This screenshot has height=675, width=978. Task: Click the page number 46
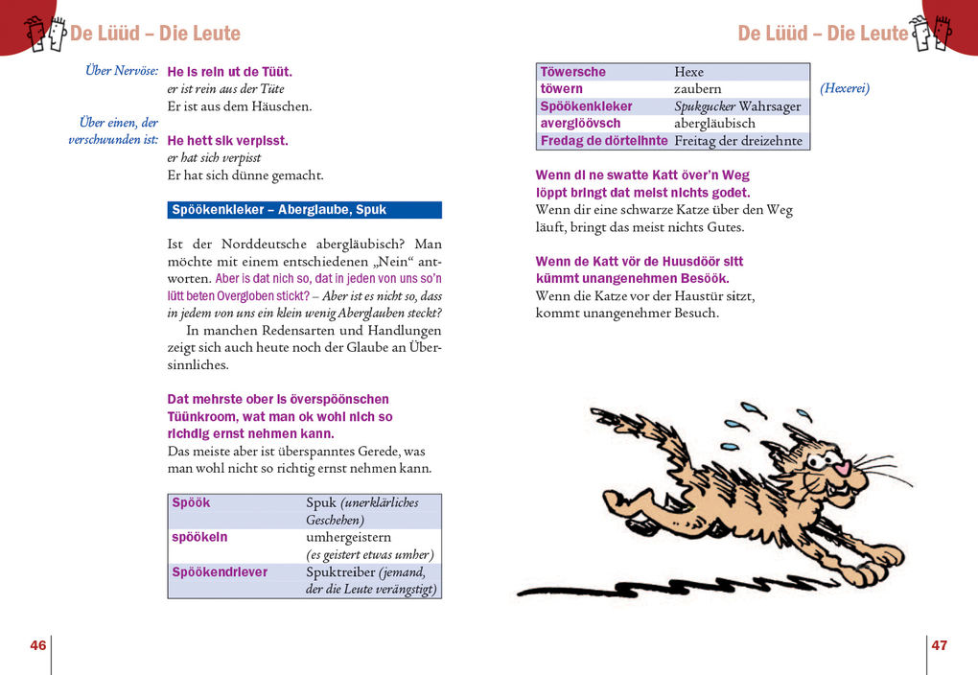click(x=38, y=645)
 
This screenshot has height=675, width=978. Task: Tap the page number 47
click(x=939, y=645)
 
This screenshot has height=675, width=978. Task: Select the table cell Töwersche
click(x=573, y=72)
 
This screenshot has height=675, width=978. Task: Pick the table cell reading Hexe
click(x=688, y=72)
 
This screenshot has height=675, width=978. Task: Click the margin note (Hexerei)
click(x=845, y=88)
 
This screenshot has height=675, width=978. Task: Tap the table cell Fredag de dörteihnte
click(x=604, y=141)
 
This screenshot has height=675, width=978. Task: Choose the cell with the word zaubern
click(x=698, y=89)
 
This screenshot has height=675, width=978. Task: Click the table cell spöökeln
click(x=199, y=537)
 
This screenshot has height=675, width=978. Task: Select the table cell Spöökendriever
click(x=220, y=571)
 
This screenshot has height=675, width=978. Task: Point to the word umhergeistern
click(x=350, y=537)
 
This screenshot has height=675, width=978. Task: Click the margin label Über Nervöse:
click(x=122, y=71)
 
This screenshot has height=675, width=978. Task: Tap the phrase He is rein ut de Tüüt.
click(x=229, y=72)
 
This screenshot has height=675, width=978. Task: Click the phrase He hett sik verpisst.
click(x=227, y=141)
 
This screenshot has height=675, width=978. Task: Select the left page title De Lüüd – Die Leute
click(x=155, y=34)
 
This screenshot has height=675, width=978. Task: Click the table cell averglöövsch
click(x=580, y=124)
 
